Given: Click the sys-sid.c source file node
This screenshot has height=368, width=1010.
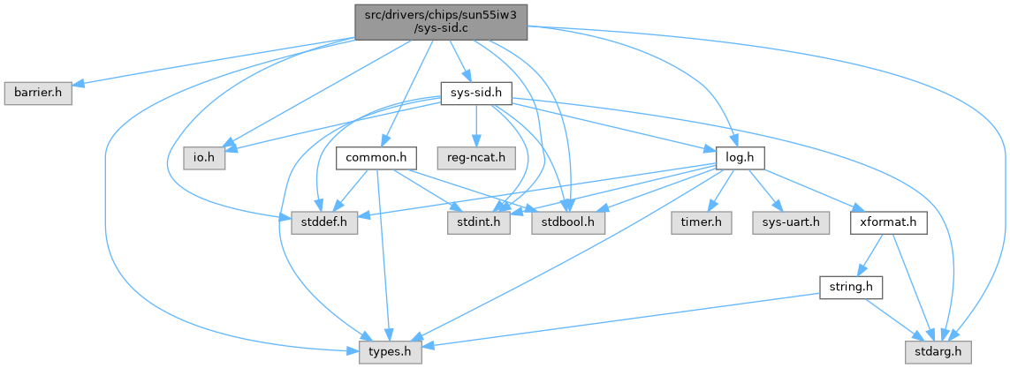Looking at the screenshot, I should pyautogui.click(x=441, y=19).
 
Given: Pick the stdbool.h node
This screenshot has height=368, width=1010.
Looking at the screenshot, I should pyautogui.click(x=568, y=223).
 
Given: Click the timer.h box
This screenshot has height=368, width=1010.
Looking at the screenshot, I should pyautogui.click(x=700, y=223).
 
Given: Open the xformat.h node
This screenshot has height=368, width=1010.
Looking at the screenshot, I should pyautogui.click(x=887, y=223).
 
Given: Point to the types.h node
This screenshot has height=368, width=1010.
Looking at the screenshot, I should pyautogui.click(x=390, y=353).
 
